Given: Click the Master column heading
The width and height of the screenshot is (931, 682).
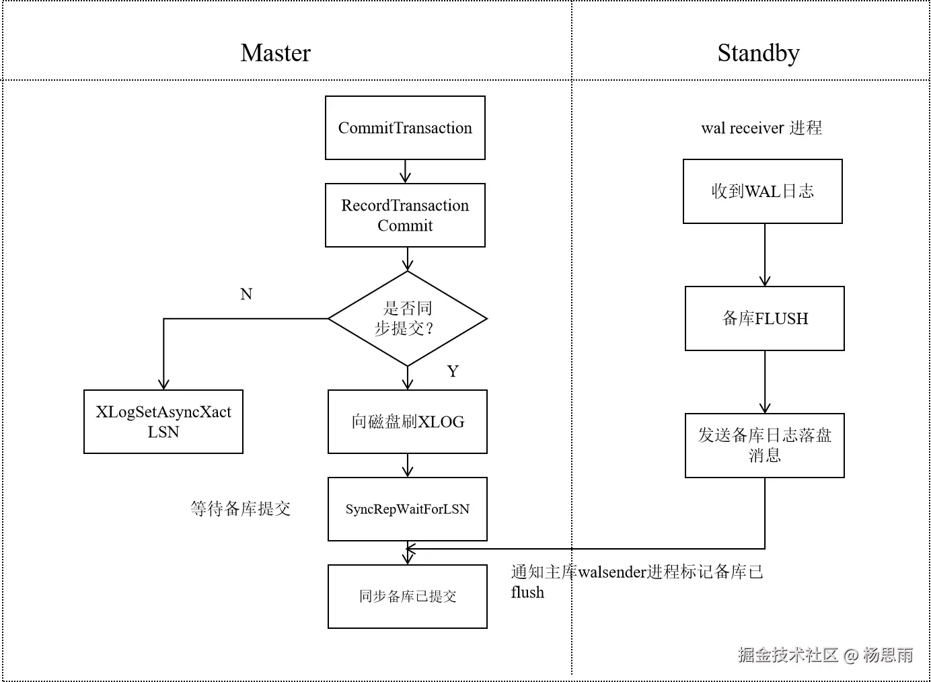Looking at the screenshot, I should point(275,53).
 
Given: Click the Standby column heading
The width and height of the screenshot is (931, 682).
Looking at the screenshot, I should point(758,53).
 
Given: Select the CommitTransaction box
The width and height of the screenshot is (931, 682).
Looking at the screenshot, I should point(405,128).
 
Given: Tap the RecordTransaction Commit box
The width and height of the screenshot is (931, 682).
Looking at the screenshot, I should point(405,215).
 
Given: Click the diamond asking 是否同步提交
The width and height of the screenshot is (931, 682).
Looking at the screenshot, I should point(407,319).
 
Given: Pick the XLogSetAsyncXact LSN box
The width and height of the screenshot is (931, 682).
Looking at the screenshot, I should point(163,422).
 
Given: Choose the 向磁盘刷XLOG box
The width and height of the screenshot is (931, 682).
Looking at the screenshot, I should point(408,422).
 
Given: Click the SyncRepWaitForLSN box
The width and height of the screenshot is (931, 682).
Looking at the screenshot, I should point(408,509).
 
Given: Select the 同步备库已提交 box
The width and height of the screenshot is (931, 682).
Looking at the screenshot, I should point(408,597).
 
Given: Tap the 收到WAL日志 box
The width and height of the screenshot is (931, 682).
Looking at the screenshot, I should point(763,192).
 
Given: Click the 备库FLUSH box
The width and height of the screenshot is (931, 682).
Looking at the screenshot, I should point(765,319).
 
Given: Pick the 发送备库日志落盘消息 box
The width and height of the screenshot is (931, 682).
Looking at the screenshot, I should point(765,445).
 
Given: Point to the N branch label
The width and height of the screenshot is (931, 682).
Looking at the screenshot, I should point(246,294).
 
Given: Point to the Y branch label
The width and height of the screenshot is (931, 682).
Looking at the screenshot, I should point(453,371).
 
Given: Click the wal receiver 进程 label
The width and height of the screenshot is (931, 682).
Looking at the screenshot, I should point(761,128).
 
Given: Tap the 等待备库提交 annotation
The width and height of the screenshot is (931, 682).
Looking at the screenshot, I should point(240,509).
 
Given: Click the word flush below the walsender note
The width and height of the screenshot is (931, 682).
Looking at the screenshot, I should point(527,593).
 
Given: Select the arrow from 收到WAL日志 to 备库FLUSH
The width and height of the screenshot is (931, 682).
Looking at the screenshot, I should point(765,255).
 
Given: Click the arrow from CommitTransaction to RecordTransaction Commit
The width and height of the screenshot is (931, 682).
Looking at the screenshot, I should point(405,172).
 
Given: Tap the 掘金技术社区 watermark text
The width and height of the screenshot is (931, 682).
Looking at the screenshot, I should point(788,654).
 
